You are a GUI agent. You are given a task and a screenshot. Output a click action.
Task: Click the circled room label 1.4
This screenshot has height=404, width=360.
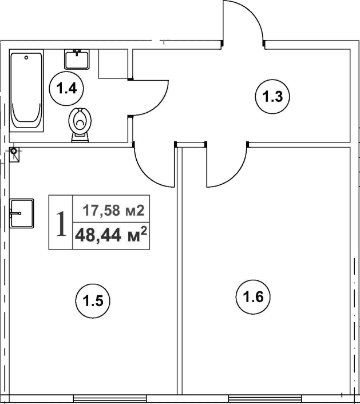66,88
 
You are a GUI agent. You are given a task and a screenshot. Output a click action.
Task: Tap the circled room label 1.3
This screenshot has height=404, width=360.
272,97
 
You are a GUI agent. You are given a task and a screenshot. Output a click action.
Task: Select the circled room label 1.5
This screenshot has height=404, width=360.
93,300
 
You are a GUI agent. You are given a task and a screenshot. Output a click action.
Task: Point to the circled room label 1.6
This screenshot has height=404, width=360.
253,297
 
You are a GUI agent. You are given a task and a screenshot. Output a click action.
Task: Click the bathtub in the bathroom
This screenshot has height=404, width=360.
26,90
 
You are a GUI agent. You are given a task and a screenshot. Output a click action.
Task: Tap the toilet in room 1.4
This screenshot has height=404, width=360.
80,125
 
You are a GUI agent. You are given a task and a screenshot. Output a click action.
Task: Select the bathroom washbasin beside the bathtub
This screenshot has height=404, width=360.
77,60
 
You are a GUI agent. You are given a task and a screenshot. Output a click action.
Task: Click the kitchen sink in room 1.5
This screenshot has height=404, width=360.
22,213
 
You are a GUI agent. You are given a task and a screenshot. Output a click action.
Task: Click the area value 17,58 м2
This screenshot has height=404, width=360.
113,211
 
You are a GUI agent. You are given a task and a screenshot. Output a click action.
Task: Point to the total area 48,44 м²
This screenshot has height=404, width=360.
111,235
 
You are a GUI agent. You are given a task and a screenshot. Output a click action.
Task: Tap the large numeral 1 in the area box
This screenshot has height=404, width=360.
61,223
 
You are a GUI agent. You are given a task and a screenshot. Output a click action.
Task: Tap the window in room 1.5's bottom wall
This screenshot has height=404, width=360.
110,398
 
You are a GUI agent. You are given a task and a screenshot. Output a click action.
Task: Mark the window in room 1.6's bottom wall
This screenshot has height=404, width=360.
265,398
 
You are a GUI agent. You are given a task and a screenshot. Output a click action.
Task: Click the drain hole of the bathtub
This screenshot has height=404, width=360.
26,57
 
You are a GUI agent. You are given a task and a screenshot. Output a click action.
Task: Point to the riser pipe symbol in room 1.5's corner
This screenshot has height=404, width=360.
14,151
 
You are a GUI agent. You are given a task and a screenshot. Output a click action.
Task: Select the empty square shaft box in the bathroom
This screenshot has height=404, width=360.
113,64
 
